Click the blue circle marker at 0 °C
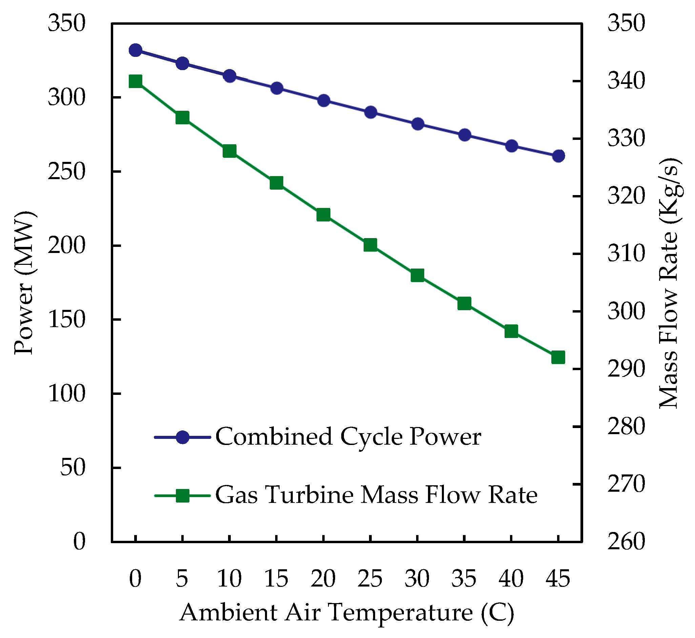coord(136,50)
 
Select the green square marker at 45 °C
coord(558,357)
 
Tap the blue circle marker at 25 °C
coord(371,112)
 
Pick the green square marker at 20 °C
coord(323,215)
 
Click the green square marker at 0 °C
coord(136,82)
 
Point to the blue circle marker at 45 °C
coord(558,156)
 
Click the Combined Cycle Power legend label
coord(348,437)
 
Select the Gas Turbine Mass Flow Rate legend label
coord(376,495)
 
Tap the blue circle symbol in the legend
coord(182,437)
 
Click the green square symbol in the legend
coord(182,496)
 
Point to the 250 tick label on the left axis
coord(66,172)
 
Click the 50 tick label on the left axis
coord(73,468)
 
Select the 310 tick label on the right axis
coord(626,253)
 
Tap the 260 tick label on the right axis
coord(626,541)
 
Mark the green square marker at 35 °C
coord(465,303)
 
